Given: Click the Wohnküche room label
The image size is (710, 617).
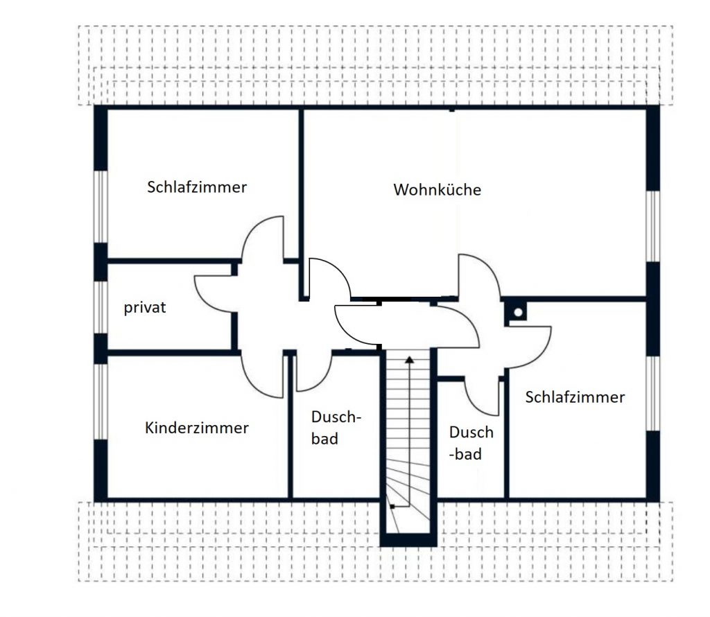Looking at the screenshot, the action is pyautogui.click(x=437, y=189).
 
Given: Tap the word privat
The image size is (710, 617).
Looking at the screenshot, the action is pyautogui.click(x=145, y=308).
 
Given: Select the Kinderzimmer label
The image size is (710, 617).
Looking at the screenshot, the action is pyautogui.click(x=196, y=428).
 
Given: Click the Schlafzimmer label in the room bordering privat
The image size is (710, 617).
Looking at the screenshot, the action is pyautogui.click(x=197, y=187).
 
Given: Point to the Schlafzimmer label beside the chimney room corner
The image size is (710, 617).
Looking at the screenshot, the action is pyautogui.click(x=575, y=397).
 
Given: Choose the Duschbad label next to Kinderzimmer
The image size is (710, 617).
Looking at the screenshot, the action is pyautogui.click(x=336, y=428).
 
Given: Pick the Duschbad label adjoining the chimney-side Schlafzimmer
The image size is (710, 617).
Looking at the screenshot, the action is pyautogui.click(x=471, y=443).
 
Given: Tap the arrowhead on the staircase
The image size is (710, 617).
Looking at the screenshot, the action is pyautogui.click(x=409, y=360).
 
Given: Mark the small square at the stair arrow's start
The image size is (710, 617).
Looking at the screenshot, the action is pyautogui.click(x=392, y=506).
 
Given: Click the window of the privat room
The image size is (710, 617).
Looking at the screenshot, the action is pyautogui.click(x=101, y=307).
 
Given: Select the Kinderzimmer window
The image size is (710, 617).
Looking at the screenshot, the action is pyautogui.click(x=101, y=401).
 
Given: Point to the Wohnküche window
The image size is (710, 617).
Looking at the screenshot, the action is pyautogui.click(x=652, y=226).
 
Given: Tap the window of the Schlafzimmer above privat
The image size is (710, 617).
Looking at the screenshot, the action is pyautogui.click(x=101, y=207).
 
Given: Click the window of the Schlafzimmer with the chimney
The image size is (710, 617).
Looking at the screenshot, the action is pyautogui.click(x=652, y=393).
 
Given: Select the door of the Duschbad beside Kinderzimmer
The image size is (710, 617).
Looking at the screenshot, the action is pyautogui.click(x=322, y=380).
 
